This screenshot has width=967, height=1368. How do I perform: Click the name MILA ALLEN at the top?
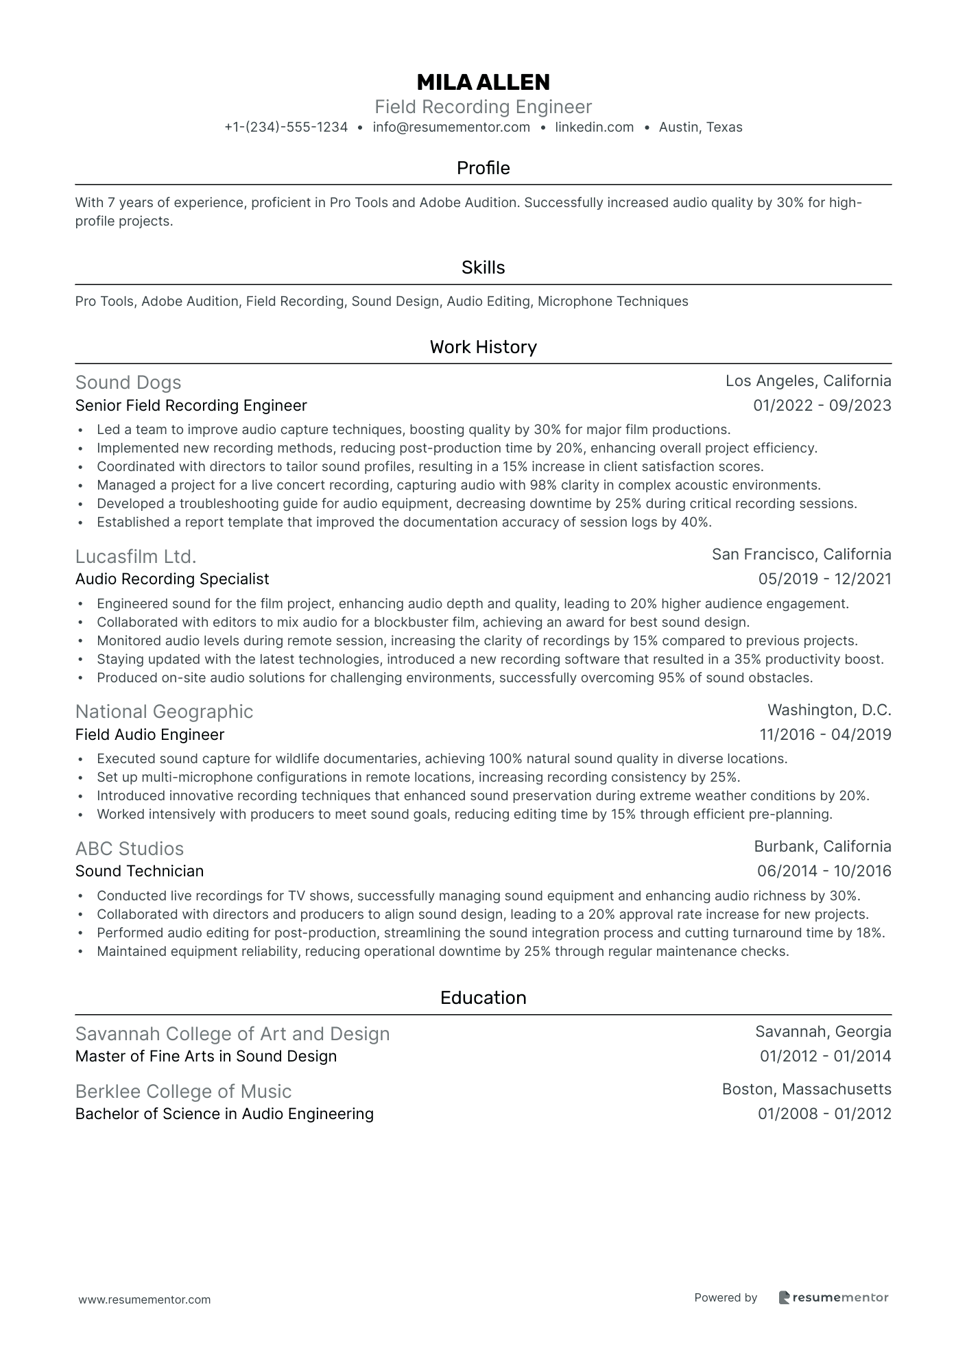click(x=483, y=82)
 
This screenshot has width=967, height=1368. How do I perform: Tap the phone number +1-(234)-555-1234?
click(x=286, y=127)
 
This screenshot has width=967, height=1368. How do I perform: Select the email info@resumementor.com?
click(x=451, y=127)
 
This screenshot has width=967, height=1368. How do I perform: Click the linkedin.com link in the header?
click(x=594, y=127)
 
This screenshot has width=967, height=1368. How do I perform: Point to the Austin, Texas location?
click(x=700, y=127)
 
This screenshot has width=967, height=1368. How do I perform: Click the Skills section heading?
click(x=483, y=267)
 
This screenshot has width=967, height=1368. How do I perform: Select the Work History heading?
click(x=483, y=347)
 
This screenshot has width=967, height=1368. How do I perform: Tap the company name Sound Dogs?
click(x=128, y=383)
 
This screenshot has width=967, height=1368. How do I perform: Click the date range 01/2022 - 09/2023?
click(x=822, y=405)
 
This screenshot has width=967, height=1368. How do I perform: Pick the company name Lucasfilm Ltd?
click(x=136, y=556)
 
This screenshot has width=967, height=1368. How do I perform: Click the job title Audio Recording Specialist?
click(x=172, y=579)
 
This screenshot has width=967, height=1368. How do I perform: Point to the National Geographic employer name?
click(x=164, y=712)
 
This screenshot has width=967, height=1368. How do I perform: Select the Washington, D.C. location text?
click(x=829, y=710)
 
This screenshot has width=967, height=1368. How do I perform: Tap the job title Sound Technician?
click(x=139, y=871)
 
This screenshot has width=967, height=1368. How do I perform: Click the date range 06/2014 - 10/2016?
click(x=824, y=871)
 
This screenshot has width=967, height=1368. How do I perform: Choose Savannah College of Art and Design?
click(x=232, y=1033)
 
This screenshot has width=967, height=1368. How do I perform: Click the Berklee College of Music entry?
click(x=183, y=1091)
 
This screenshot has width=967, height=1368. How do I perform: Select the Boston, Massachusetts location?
click(x=807, y=1089)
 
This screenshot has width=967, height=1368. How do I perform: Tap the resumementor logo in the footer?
click(x=833, y=1297)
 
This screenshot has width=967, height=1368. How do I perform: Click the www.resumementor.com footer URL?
click(x=145, y=1299)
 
